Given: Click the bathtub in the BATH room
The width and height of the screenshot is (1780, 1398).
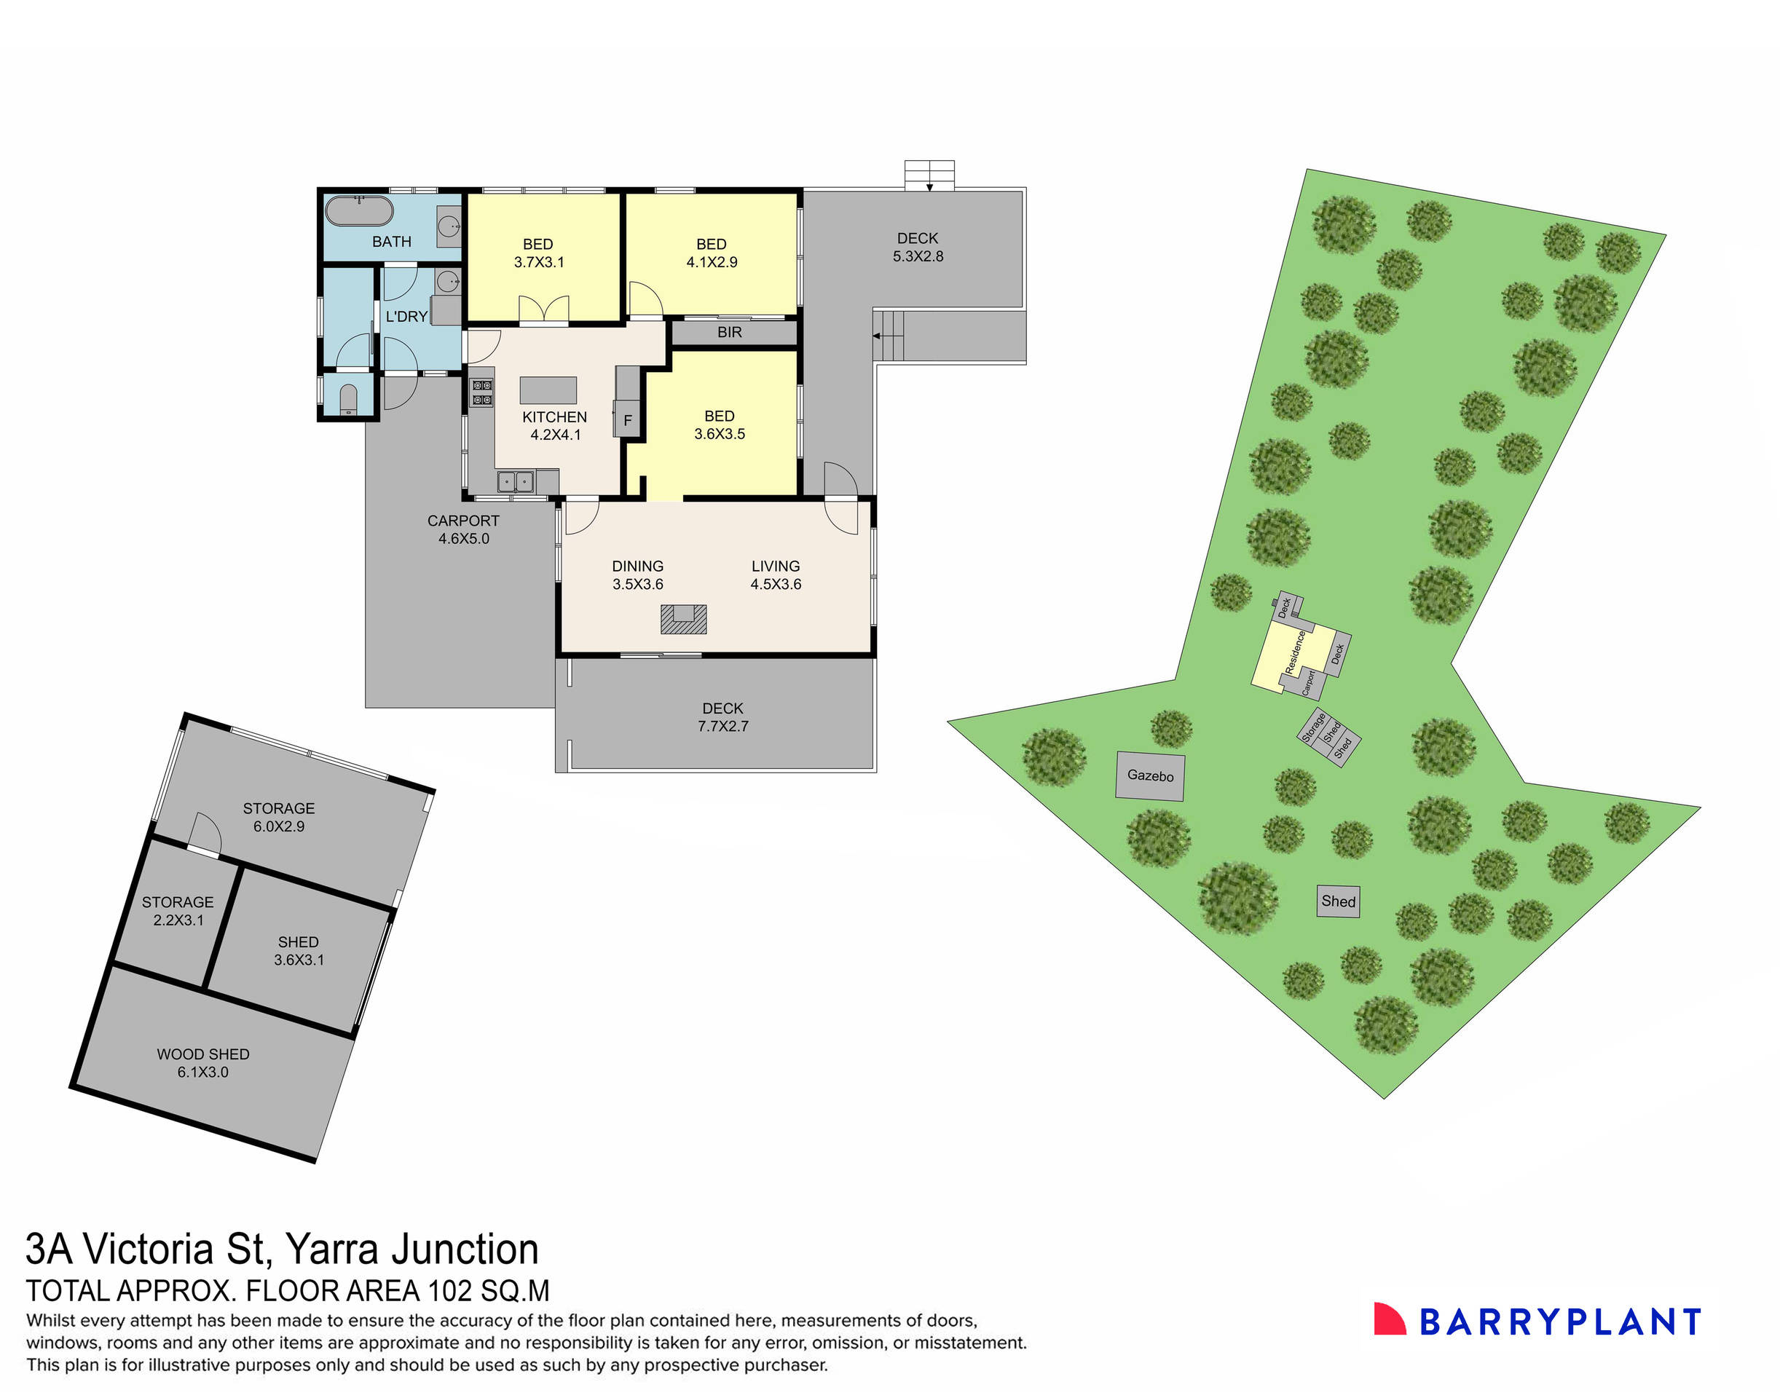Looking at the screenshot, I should coord(358,210).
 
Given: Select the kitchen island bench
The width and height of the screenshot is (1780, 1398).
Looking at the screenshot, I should coord(548,390).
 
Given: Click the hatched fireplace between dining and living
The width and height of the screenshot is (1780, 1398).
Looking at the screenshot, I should coord(683,619).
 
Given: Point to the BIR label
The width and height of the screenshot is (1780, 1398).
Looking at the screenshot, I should coord(729,332).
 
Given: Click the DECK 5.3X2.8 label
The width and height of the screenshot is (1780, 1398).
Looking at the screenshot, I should coord(917,246).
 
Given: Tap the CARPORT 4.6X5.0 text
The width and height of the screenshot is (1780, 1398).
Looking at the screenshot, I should coord(463,529).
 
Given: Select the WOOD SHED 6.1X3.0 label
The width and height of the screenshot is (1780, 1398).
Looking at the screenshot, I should coord(203,1062).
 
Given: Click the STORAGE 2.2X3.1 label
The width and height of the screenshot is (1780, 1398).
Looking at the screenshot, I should coord(178,910).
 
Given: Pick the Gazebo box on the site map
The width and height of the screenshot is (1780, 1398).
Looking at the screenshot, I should coord(1149,775).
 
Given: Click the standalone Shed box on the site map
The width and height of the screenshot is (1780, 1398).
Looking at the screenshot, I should coord(1338,901).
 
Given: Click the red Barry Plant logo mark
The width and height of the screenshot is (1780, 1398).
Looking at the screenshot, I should coord(1389,1320).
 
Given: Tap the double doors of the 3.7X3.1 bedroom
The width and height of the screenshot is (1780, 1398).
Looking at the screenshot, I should coord(543,309).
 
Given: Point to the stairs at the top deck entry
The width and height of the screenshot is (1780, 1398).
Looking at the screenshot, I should coord(929,174).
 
